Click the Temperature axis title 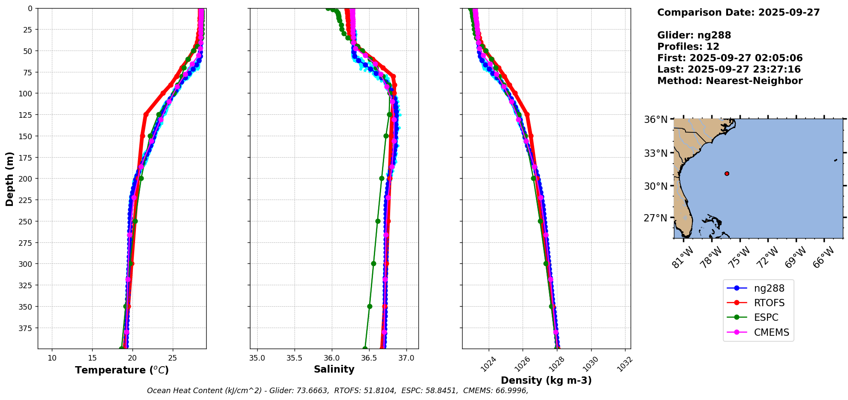click(x=122, y=370)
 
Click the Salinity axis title click(x=334, y=369)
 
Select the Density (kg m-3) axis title click(x=546, y=380)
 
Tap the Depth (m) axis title click(x=10, y=179)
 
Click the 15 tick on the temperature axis click(x=92, y=358)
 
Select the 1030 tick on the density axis click(x=590, y=364)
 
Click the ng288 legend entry click(x=769, y=288)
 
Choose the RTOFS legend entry click(x=769, y=303)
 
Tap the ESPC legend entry click(x=766, y=317)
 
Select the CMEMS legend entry click(x=771, y=332)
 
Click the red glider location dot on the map click(x=727, y=173)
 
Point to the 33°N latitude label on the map click(x=656, y=153)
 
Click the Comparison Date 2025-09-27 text click(x=738, y=12)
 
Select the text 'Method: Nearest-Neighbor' click(x=730, y=81)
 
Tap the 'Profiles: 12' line click(x=688, y=47)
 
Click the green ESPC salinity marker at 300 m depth click(x=373, y=264)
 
